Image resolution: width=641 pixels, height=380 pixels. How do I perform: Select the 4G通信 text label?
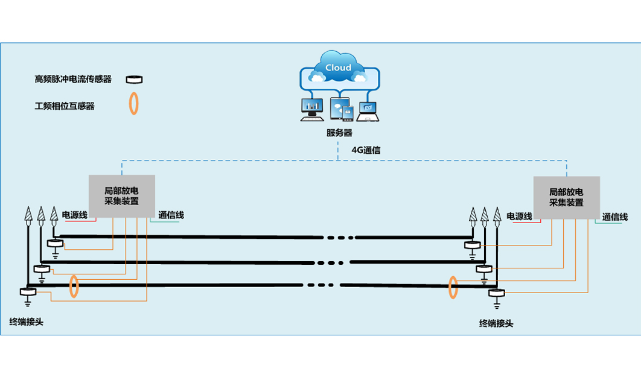(x=366, y=150)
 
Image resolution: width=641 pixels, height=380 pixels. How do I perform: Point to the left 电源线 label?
(x=75, y=215)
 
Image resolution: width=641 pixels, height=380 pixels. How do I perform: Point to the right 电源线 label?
(x=520, y=217)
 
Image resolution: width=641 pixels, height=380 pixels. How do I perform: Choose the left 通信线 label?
(x=171, y=215)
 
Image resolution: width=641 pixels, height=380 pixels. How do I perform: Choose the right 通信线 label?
(x=615, y=217)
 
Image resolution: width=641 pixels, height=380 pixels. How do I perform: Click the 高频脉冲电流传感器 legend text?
(x=73, y=79)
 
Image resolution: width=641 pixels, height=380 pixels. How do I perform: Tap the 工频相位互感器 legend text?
(x=65, y=106)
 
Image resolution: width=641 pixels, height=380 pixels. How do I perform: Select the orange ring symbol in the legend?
(x=134, y=103)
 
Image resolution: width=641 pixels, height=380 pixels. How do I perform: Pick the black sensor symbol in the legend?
(x=134, y=79)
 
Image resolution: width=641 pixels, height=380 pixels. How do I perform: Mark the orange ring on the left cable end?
(x=74, y=287)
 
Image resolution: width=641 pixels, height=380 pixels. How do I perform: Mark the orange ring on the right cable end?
(x=453, y=288)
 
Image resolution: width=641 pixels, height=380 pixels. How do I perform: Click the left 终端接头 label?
(x=27, y=321)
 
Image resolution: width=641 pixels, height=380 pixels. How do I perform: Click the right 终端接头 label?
(x=496, y=323)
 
